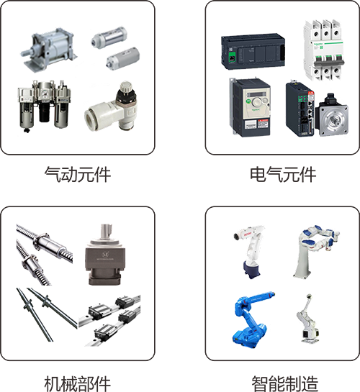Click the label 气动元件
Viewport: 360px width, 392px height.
[78, 175]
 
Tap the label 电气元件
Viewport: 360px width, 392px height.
[283, 175]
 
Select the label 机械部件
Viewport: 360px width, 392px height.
[78, 383]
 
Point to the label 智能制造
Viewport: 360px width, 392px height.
[284, 383]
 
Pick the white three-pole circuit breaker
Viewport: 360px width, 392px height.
[323, 50]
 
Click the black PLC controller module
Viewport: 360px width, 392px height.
[253, 52]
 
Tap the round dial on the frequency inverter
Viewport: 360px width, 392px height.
[256, 102]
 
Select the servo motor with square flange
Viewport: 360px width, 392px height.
[332, 116]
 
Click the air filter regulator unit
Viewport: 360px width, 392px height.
[44, 106]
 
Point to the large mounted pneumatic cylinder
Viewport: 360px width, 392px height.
[49, 50]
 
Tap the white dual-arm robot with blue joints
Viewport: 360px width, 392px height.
[318, 251]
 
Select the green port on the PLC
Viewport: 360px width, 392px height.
[232, 58]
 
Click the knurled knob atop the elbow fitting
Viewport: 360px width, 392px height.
[125, 87]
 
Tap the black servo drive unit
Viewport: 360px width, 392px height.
[300, 109]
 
